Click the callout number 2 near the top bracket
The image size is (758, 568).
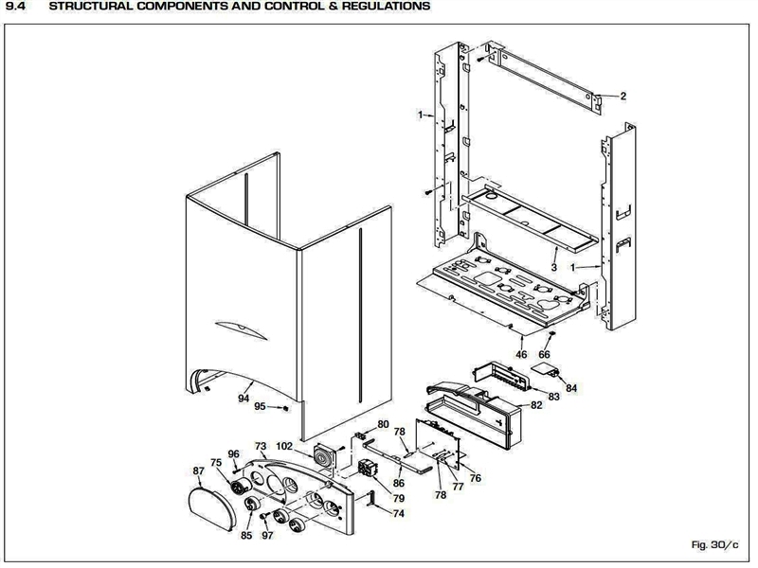623,96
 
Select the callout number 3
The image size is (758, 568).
555,254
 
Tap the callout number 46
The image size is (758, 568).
521,354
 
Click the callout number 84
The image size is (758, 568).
570,387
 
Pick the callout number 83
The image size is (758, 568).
553,397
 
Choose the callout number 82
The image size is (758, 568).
536,405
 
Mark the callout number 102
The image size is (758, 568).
284,446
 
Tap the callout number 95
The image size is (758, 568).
260,406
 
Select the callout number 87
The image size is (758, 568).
198,470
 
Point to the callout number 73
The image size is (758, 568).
261,446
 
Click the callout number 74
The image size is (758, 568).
398,512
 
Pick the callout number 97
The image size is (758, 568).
268,536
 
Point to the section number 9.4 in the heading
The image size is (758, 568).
15,7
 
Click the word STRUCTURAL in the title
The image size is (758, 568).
90,7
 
